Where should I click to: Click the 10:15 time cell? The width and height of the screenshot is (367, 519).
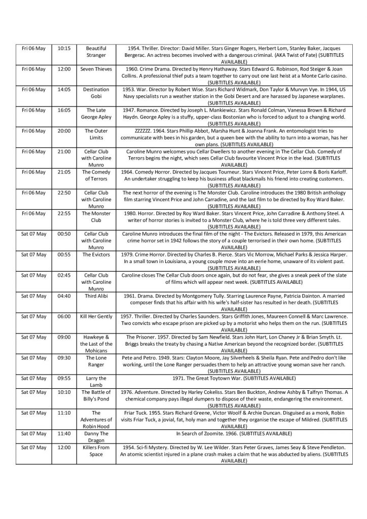[x=64, y=48]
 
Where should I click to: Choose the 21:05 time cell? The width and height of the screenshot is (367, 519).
[x=64, y=172]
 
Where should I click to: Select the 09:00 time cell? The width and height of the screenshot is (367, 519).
[x=64, y=337]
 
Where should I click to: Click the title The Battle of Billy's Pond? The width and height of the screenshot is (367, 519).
[x=96, y=402]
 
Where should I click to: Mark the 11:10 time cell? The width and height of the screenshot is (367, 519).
[x=64, y=420]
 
